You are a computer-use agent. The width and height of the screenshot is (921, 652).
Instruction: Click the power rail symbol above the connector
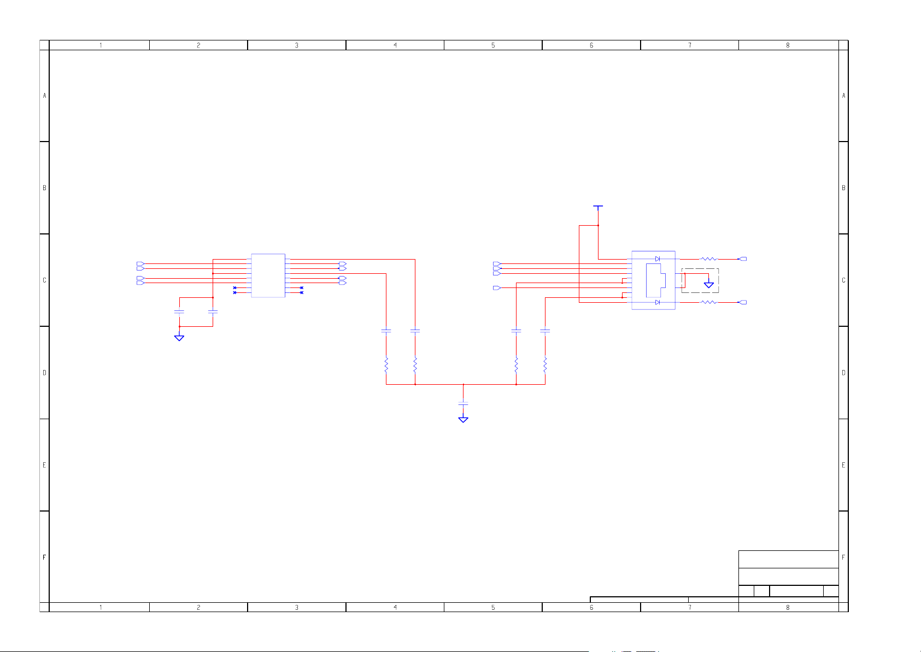[x=598, y=207]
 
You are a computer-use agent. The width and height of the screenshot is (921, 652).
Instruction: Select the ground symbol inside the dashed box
[x=709, y=284]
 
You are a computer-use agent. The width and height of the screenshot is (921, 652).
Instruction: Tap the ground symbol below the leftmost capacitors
[x=179, y=338]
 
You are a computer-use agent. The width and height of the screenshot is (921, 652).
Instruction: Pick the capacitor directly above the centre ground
[x=464, y=403]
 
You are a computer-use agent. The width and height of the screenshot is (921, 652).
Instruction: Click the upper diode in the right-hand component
[x=658, y=259]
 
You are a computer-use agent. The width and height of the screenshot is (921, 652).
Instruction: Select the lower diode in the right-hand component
[x=658, y=302]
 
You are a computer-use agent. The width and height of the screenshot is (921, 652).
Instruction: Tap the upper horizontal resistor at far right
[x=709, y=259]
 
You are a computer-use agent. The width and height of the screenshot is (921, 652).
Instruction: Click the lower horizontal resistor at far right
[x=709, y=302]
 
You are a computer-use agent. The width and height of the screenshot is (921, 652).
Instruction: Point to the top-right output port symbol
[x=743, y=259]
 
